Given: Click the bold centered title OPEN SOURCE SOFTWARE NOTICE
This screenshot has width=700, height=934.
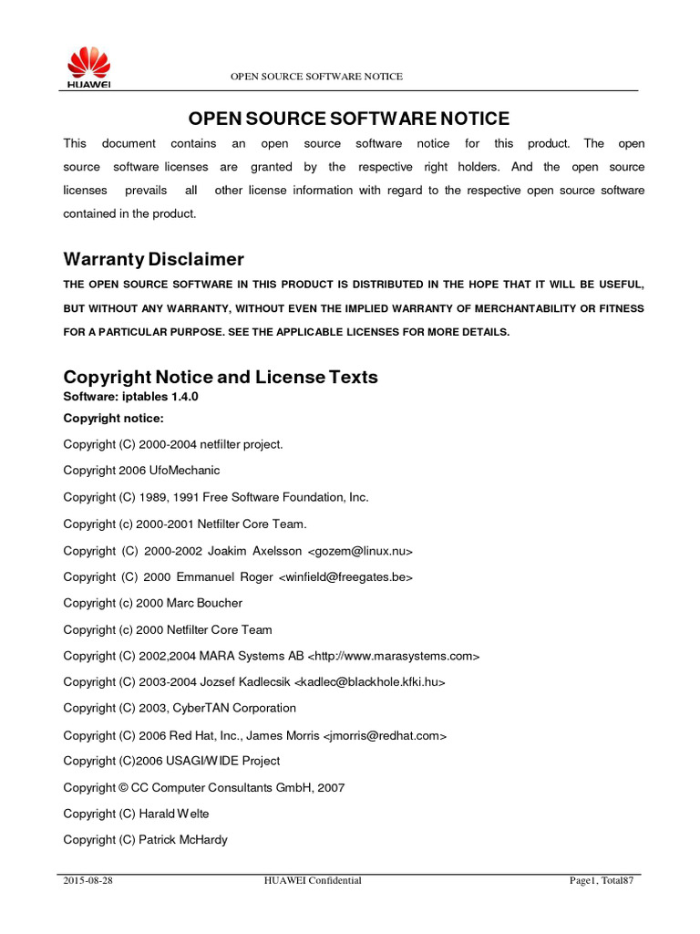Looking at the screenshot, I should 349,119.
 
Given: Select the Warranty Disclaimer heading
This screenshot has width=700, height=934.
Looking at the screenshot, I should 153,260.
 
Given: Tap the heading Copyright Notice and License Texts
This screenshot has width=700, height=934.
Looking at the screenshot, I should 221,378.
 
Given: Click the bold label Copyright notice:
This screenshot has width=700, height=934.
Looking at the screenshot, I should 113,419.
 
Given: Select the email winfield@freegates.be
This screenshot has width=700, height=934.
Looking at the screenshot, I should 346,577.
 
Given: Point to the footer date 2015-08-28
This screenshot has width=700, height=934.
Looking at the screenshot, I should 88,881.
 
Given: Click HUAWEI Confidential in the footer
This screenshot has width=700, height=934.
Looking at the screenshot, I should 313,881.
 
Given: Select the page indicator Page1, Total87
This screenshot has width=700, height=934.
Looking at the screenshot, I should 601,881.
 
